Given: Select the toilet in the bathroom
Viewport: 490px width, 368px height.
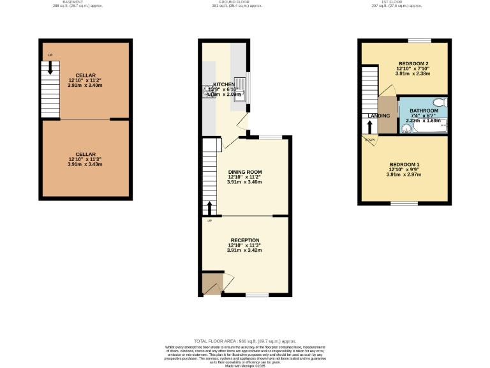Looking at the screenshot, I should (x=440, y=102).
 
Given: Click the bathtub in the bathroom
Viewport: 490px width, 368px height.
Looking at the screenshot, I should (x=429, y=127).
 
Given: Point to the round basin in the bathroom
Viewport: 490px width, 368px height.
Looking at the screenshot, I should (x=406, y=127).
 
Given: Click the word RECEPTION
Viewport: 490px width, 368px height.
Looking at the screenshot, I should (x=244, y=240).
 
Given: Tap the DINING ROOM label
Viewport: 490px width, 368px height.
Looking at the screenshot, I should (x=245, y=172).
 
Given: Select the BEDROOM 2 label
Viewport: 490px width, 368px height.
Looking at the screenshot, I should (x=413, y=63).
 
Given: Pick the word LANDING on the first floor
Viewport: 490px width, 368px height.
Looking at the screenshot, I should (x=379, y=116).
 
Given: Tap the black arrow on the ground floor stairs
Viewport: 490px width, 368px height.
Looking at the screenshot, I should (x=208, y=208).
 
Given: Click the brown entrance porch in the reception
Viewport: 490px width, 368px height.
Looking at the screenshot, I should (x=209, y=284).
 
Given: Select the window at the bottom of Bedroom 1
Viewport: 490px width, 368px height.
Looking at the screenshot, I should (x=404, y=204).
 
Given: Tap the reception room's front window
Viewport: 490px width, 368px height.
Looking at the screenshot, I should (x=256, y=295).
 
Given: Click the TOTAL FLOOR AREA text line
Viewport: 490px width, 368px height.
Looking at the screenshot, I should (x=244, y=342).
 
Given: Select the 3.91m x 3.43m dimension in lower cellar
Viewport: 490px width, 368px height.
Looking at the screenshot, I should (x=85, y=164).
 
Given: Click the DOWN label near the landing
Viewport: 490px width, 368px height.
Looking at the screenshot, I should (x=369, y=139).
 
